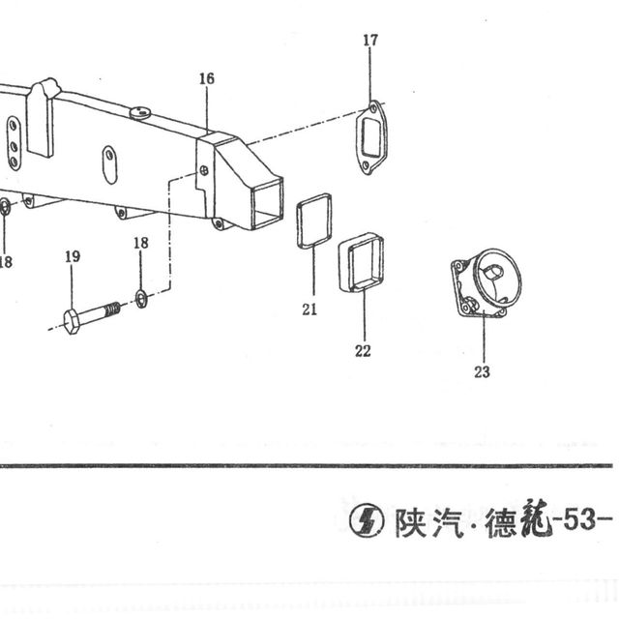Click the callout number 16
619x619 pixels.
pyautogui.click(x=206, y=78)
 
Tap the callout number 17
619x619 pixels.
pyautogui.click(x=370, y=41)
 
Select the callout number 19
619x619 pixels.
pyautogui.click(x=73, y=256)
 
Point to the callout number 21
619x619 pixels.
pyautogui.click(x=309, y=309)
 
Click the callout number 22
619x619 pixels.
pyautogui.click(x=363, y=350)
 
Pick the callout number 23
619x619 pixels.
pyautogui.click(x=482, y=371)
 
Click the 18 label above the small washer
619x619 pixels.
pyautogui.click(x=141, y=243)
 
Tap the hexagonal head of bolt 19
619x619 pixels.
pyautogui.click(x=73, y=322)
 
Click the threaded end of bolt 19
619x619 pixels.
pyautogui.click(x=113, y=309)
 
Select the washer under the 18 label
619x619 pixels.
pyautogui.click(x=141, y=299)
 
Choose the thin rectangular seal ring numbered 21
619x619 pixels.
pyautogui.click(x=299, y=221)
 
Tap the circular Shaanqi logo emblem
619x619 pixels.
pyautogui.click(x=367, y=520)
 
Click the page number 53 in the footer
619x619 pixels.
pyautogui.click(x=578, y=520)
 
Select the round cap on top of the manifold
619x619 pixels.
pyautogui.click(x=139, y=112)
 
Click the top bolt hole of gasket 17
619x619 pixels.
pyautogui.click(x=373, y=108)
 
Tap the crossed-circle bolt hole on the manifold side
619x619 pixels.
pyautogui.click(x=204, y=170)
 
